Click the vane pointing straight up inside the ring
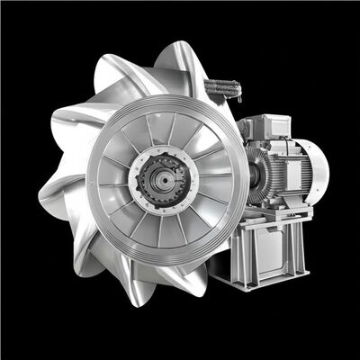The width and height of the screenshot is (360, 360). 163,121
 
